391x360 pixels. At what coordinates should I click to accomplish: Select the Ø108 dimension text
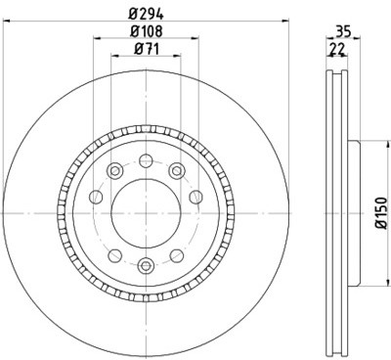tap(148, 30)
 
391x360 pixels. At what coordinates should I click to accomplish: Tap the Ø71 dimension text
tap(148, 48)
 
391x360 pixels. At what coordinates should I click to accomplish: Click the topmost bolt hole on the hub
tap(146, 161)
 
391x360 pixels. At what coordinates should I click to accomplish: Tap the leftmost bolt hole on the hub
tap(95, 199)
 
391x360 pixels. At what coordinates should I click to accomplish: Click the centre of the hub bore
tap(146, 210)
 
